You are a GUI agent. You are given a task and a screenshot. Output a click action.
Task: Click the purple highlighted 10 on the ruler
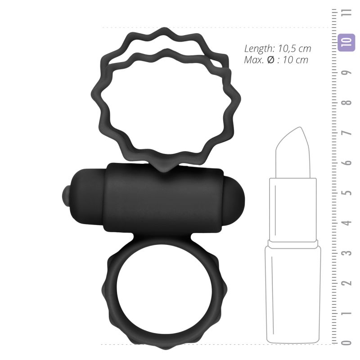pyautogui.click(x=346, y=42)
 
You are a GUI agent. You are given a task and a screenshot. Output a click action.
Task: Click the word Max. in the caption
pyautogui.click(x=253, y=60)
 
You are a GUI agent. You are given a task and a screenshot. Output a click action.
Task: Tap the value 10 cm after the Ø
pyautogui.click(x=296, y=60)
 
